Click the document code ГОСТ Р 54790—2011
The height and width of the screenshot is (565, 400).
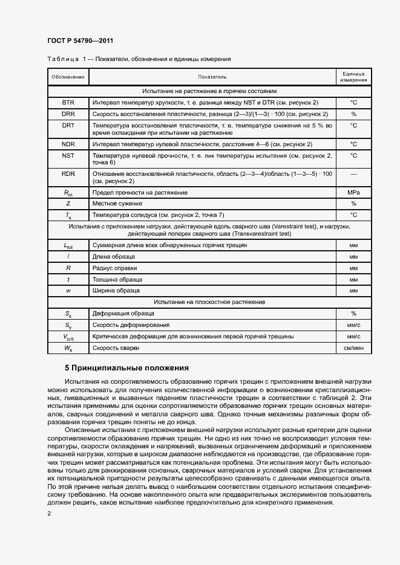point(80,41)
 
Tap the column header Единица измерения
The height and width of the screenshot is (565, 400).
point(353,77)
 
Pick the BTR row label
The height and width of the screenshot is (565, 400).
point(68,103)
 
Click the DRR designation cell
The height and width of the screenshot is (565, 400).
point(68,114)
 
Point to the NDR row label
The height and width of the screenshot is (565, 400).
point(68,144)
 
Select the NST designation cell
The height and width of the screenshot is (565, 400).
point(68,156)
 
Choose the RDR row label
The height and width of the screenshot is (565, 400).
point(68,174)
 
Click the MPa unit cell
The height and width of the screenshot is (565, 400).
point(353,192)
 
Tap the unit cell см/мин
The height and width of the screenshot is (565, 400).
point(353,349)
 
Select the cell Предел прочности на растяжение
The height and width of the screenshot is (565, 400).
point(139,192)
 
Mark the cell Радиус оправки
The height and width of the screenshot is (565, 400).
point(114,268)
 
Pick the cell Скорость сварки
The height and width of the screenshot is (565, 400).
point(116,349)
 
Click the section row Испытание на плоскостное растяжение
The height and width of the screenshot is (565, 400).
point(209,302)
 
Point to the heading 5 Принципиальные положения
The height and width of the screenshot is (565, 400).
point(127,368)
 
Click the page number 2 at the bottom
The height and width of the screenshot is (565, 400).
point(49,514)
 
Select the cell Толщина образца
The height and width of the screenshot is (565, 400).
point(117,279)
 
